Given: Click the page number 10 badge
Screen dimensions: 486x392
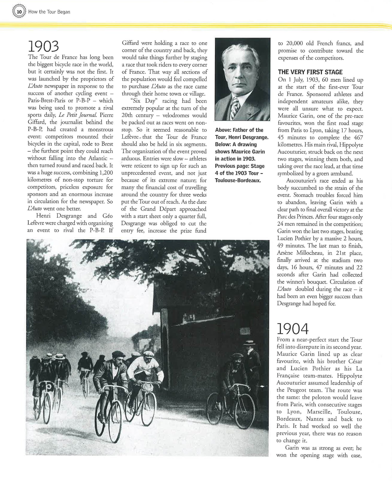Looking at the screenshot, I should coord(19,12).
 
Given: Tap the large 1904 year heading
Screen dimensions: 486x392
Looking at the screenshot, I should coord(292,329).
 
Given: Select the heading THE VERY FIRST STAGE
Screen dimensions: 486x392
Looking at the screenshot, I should coord(310,72).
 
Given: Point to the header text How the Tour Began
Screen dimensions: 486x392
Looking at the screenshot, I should coord(49,12).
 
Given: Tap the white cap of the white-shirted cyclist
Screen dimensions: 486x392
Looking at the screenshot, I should coord(148,354).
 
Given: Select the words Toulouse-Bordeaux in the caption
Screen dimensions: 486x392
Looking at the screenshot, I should coord(238,180).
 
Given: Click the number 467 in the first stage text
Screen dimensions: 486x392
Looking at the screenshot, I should coord(359,137).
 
